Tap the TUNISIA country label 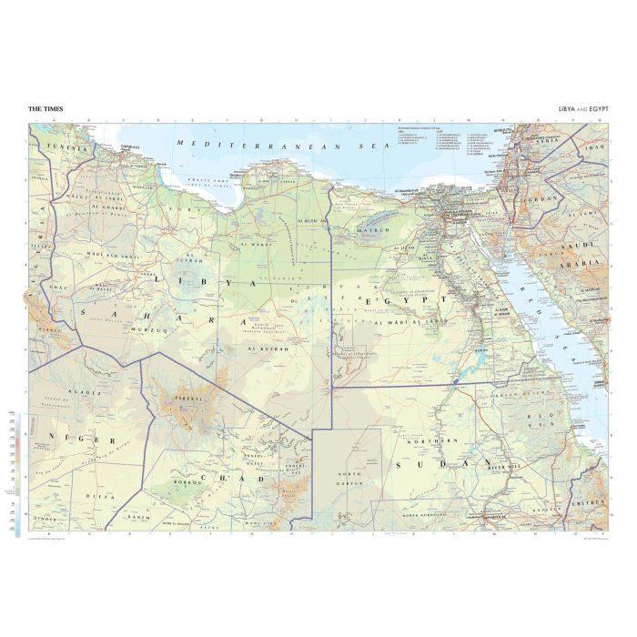pyautogui.click(x=70, y=147)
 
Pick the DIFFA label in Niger pyautogui.click(x=106, y=498)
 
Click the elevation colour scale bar pyautogui.click(x=18, y=473)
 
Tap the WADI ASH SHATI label pyautogui.click(x=112, y=256)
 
